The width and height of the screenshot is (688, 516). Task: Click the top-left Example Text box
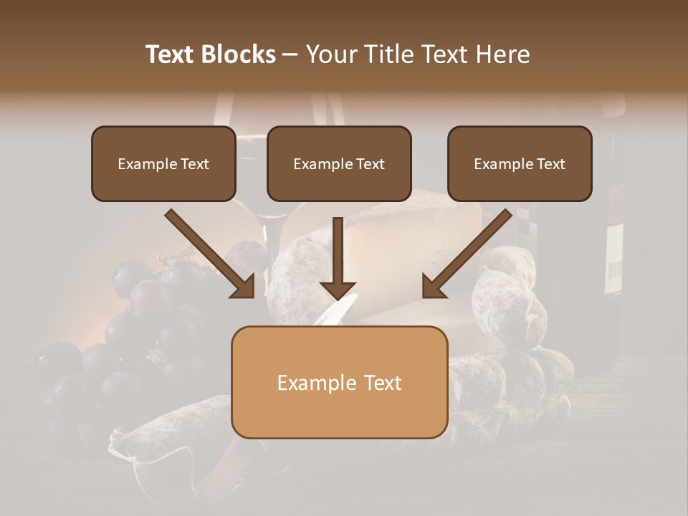163,163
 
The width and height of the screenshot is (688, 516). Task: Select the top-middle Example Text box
339,163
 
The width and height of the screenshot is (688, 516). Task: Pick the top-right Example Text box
520,163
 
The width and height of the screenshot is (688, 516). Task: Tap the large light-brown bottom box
339,382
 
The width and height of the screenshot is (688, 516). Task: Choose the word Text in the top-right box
550,164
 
